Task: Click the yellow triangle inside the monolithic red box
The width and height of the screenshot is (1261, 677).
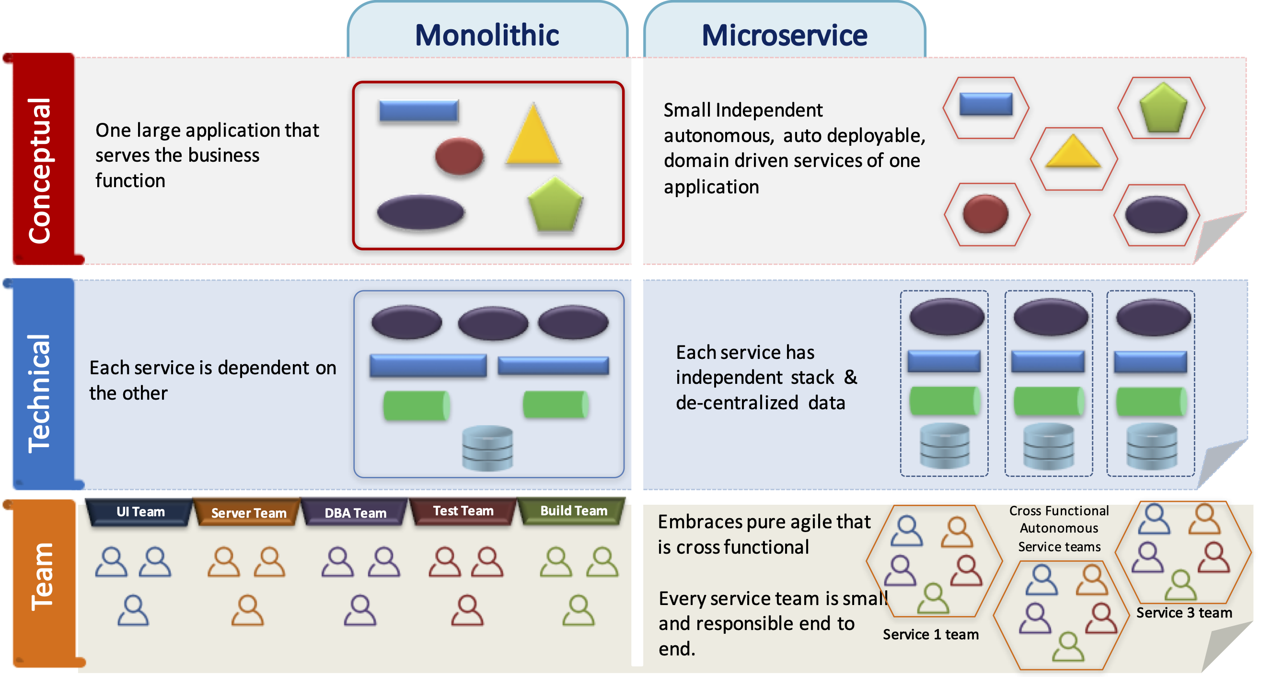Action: tap(533, 137)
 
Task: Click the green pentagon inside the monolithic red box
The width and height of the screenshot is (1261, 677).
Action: tap(555, 206)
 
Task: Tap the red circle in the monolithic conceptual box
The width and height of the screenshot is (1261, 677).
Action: tap(459, 156)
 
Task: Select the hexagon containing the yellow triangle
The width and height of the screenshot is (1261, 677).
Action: tap(1074, 158)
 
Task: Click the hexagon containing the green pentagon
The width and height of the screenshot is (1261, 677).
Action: tap(1162, 108)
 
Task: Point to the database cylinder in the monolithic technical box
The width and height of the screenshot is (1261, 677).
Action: tap(487, 448)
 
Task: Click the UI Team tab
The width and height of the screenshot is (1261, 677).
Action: tap(140, 511)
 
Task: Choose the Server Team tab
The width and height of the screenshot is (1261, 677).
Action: tap(248, 513)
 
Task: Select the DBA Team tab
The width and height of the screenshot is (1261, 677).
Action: tap(356, 513)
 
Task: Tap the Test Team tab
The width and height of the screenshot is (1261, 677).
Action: tap(463, 511)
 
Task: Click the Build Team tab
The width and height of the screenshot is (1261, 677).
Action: tap(573, 511)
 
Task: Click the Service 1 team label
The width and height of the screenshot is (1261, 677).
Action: tap(930, 634)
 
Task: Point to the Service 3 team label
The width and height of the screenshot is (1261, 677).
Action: tap(1184, 613)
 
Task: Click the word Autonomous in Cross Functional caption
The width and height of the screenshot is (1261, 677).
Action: tap(1059, 528)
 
